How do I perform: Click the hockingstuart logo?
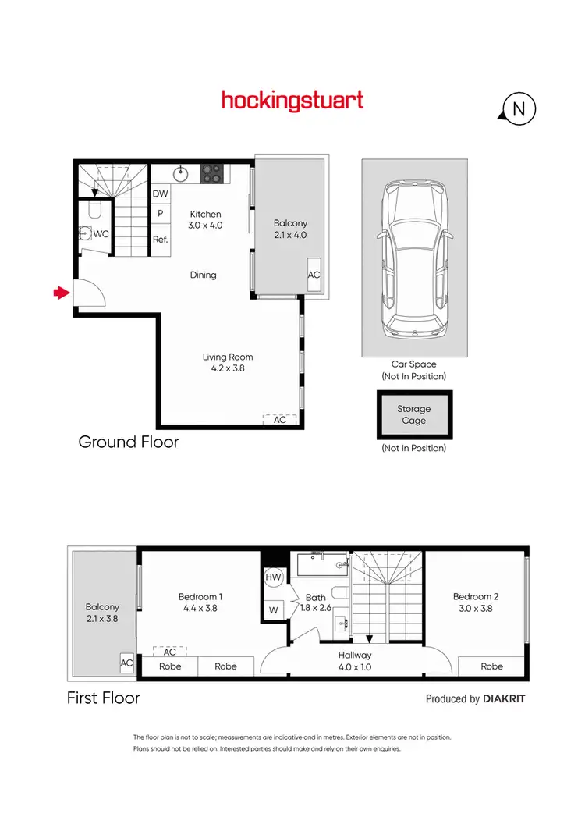pos(292,101)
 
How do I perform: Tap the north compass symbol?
pos(518,110)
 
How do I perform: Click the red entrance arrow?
pos(60,293)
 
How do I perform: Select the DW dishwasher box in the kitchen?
pos(160,194)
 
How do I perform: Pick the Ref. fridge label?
pos(160,240)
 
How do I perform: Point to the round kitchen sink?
pos(179,172)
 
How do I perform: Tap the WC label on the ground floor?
pos(101,233)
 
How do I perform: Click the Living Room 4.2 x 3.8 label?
pos(228,362)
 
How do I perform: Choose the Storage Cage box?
pos(413,414)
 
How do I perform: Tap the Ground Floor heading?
pos(129,442)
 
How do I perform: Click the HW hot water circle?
pos(273,577)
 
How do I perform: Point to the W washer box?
pos(274,609)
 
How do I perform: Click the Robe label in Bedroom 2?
pos(491,666)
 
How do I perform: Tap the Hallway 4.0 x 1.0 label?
pos(355,660)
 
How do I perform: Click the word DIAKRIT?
pos(504,699)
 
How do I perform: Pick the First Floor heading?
pos(104,698)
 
